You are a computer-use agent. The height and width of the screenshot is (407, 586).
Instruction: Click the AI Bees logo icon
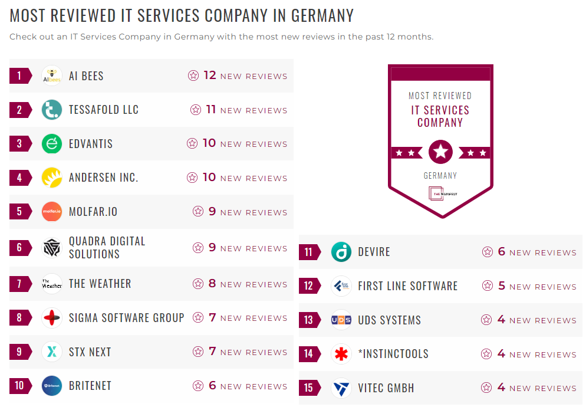click(x=52, y=76)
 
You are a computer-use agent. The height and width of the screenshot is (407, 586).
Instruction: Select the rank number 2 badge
click(x=19, y=110)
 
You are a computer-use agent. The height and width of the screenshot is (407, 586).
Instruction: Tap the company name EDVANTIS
click(x=90, y=144)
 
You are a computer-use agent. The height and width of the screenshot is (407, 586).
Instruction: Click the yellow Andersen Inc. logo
click(x=52, y=178)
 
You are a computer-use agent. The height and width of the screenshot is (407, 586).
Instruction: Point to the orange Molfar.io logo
click(x=52, y=212)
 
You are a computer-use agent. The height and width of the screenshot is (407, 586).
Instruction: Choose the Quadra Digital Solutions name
click(x=107, y=248)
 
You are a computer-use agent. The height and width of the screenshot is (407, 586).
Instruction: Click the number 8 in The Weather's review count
click(x=212, y=284)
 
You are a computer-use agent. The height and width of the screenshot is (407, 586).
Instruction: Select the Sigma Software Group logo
click(x=52, y=318)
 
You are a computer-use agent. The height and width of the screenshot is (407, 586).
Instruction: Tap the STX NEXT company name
click(x=90, y=352)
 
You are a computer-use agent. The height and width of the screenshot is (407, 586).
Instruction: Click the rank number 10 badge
click(x=19, y=386)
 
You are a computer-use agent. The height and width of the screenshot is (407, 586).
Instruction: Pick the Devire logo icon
click(x=341, y=252)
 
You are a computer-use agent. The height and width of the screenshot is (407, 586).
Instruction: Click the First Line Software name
click(x=407, y=286)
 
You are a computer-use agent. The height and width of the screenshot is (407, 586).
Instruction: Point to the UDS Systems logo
click(x=341, y=320)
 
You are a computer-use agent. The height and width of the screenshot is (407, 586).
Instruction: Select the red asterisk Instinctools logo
click(x=341, y=354)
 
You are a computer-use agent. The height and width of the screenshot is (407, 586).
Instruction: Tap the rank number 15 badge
click(x=309, y=388)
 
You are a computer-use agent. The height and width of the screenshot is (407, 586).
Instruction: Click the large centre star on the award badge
click(x=440, y=152)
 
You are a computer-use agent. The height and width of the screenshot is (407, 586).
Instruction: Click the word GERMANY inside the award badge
click(x=440, y=176)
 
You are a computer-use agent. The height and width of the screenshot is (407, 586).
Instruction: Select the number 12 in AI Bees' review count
click(x=210, y=76)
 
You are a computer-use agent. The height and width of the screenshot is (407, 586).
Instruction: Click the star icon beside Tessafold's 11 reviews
click(x=196, y=110)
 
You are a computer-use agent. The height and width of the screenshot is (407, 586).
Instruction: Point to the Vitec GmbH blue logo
click(x=341, y=388)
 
